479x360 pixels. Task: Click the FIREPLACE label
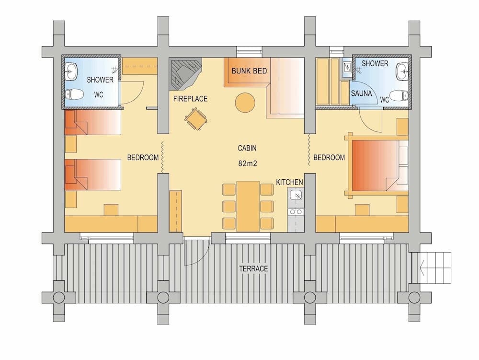[190, 99]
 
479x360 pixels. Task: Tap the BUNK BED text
[249, 71]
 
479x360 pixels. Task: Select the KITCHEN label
[289, 182]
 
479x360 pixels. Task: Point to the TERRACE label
[253, 268]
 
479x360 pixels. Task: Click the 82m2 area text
[248, 163]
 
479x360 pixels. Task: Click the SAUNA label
[361, 93]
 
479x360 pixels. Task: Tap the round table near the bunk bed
[245, 102]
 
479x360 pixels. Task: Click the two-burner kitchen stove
[296, 211]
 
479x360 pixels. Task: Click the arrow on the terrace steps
[422, 268]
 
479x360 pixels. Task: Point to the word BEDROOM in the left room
[143, 157]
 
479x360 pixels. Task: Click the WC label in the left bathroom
[99, 94]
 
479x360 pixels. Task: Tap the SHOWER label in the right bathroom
[375, 63]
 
